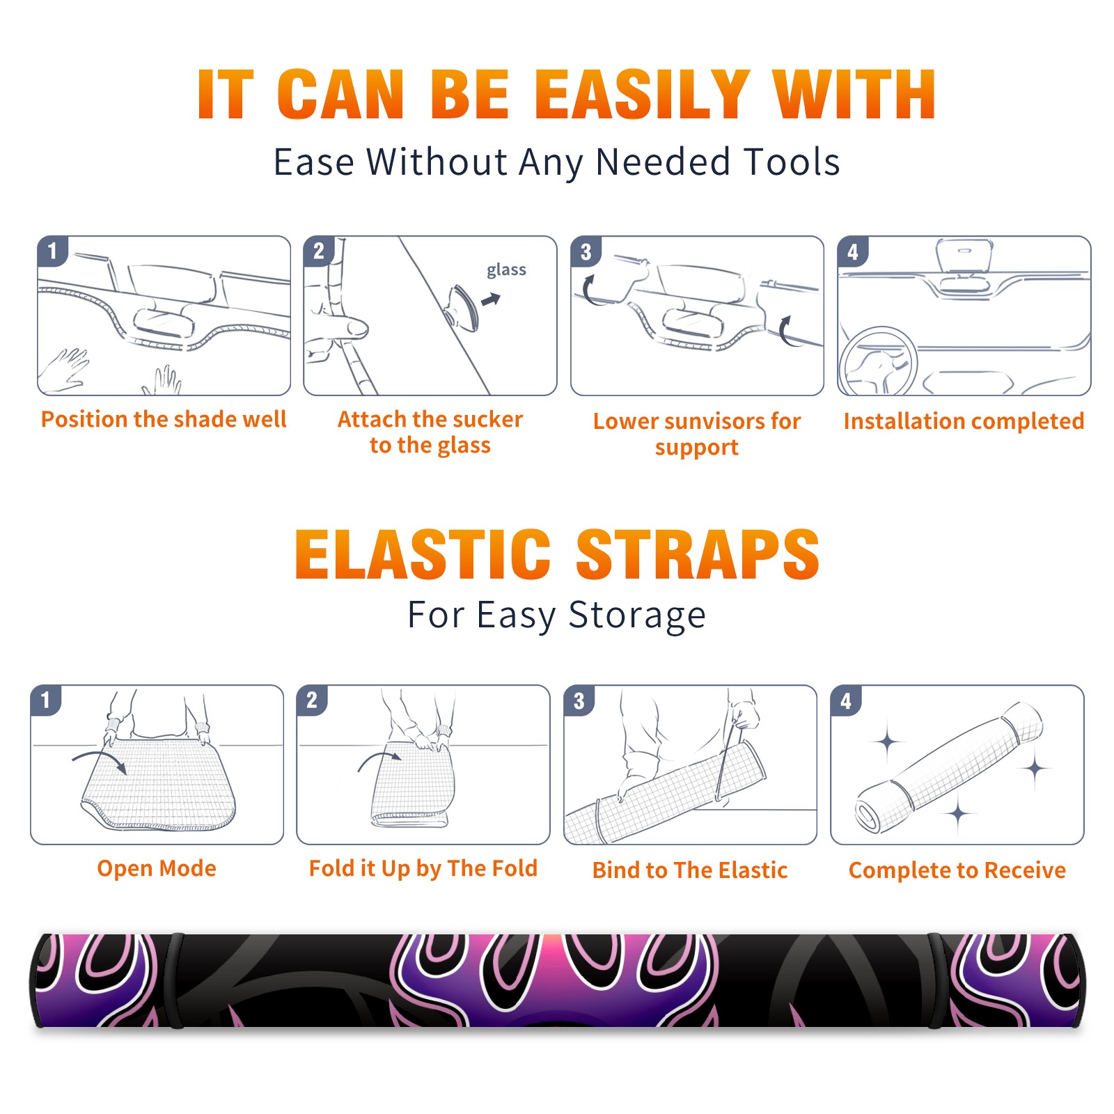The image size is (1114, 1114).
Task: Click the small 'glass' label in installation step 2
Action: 506,270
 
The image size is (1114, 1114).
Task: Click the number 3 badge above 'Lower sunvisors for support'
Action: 586,251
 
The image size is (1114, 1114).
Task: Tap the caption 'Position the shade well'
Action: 164,419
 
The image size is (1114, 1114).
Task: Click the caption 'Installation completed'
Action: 964,421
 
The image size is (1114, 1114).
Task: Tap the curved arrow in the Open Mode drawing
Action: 100,760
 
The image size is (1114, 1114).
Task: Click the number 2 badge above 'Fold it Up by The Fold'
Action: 311,700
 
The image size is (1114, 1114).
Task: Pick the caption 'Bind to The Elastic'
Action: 689,870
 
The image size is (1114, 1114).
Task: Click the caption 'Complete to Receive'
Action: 957,870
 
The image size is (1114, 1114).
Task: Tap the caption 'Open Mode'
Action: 157,868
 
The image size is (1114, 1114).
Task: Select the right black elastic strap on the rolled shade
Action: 936,980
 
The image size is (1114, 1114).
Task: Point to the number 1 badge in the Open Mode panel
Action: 45,700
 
